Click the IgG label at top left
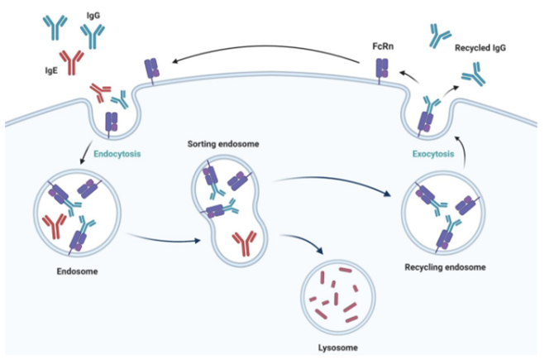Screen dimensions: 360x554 (93, 15)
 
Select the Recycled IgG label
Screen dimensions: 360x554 (481, 49)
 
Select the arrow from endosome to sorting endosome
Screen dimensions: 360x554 (165, 240)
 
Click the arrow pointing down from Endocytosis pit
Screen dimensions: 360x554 (86, 149)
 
